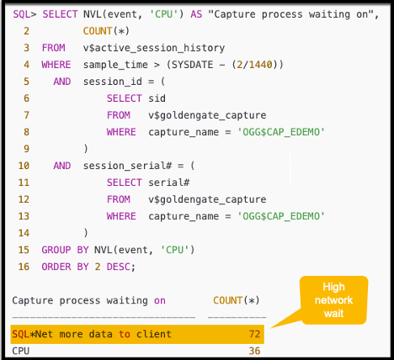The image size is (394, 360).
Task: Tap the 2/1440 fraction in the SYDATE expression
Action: point(262,65)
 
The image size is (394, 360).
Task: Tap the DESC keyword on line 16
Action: point(120,266)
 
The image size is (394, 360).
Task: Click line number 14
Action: point(24,232)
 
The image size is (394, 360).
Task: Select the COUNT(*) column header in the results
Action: point(236,300)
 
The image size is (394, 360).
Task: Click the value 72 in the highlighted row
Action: point(253,334)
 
